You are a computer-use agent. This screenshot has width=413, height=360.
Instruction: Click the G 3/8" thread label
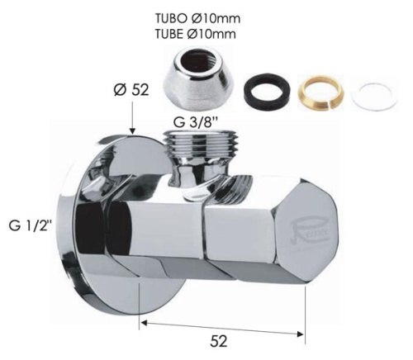[x=195, y=123]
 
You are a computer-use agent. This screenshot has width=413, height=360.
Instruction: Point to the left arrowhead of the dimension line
[x=143, y=329]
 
